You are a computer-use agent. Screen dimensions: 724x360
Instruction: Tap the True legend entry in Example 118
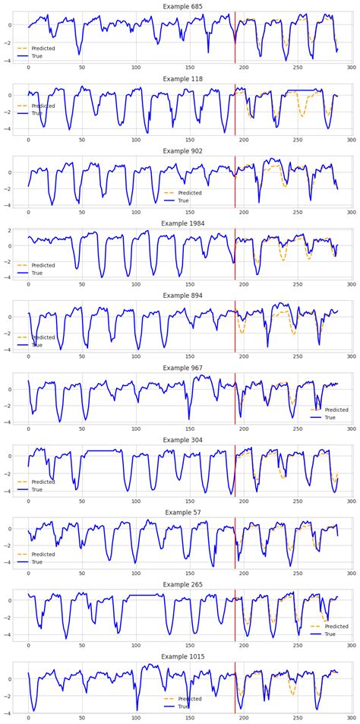coord(37,113)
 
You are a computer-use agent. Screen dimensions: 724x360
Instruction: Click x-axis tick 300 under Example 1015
coord(352,718)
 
